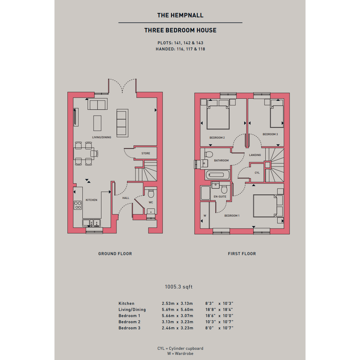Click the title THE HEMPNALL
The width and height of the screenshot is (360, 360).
pyautogui.click(x=180, y=15)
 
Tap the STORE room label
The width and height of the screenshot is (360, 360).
pyautogui.click(x=146, y=154)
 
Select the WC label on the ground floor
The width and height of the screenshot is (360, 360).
pyautogui.click(x=151, y=203)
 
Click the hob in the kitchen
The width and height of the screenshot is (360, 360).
pyautogui.click(x=78, y=205)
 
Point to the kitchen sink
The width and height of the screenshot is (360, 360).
pyautogui.click(x=91, y=223)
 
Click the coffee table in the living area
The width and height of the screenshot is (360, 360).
pyautogui.click(x=98, y=123)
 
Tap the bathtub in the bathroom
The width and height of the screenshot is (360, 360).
pyautogui.click(x=218, y=175)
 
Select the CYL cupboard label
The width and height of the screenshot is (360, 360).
pyautogui.click(x=257, y=173)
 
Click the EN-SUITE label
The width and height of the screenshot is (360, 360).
pyautogui.click(x=220, y=197)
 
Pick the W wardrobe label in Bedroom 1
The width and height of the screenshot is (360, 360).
pyautogui.click(x=205, y=216)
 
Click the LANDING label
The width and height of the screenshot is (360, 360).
pyautogui.click(x=255, y=155)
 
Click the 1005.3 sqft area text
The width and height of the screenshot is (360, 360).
pyautogui.click(x=179, y=287)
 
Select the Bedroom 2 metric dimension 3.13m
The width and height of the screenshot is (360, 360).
pyautogui.click(x=168, y=322)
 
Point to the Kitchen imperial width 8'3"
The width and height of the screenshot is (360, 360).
pyautogui.click(x=210, y=304)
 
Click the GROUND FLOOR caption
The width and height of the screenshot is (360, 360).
pyautogui.click(x=115, y=254)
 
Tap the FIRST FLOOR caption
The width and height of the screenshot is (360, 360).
pyautogui.click(x=242, y=254)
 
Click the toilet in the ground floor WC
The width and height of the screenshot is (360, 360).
pyautogui.click(x=151, y=193)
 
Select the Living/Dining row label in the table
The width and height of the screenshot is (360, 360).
pyautogui.click(x=132, y=310)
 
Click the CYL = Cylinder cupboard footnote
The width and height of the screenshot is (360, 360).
pyautogui.click(x=180, y=348)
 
